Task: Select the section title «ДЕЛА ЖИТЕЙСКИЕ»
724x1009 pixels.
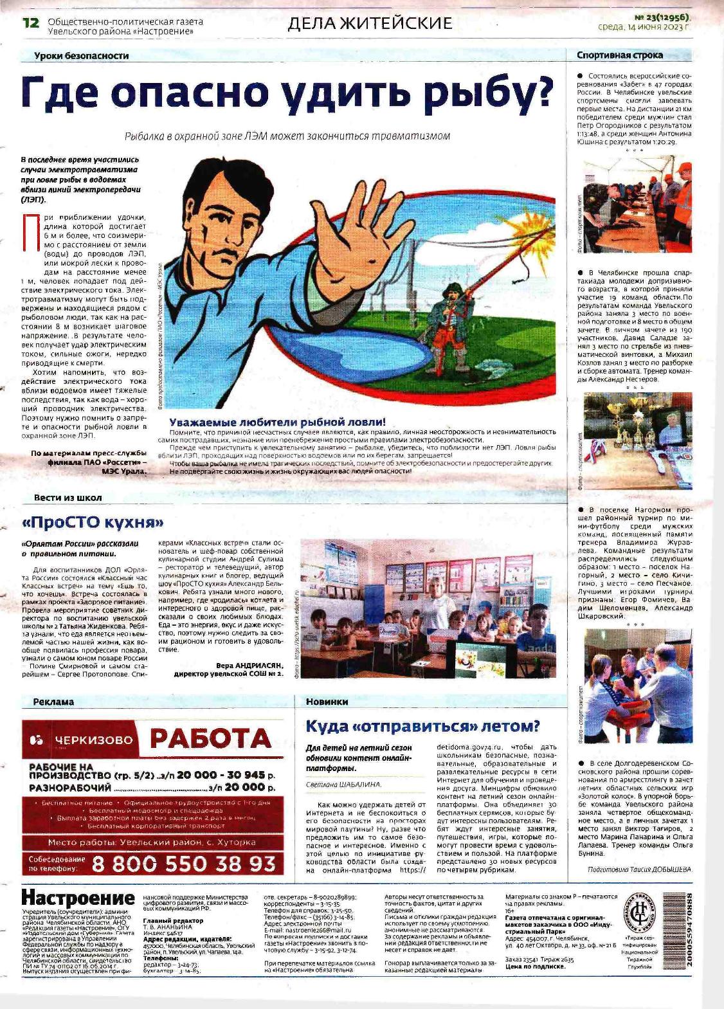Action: pyautogui.click(x=370, y=24)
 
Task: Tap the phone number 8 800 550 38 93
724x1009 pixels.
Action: pyautogui.click(x=183, y=863)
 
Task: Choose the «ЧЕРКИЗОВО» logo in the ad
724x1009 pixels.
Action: pyautogui.click(x=80, y=740)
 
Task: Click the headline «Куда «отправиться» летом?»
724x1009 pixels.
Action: pyautogui.click(x=422, y=727)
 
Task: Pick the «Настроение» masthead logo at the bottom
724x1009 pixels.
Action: pyautogui.click(x=78, y=898)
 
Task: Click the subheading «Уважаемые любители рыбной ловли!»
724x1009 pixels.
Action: pyautogui.click(x=278, y=422)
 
